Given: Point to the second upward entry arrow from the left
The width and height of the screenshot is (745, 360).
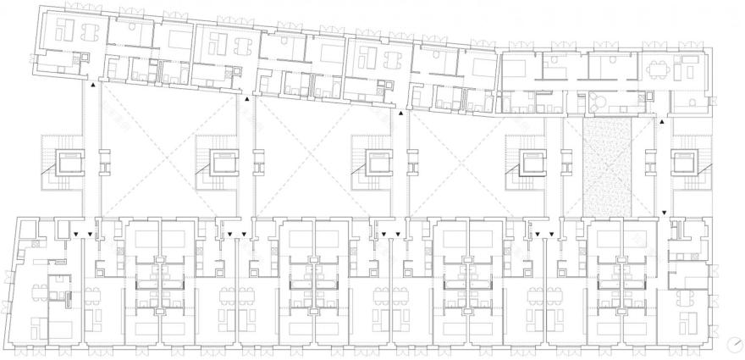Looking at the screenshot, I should [247, 99].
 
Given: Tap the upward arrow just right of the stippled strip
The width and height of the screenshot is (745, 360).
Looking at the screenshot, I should [662, 124].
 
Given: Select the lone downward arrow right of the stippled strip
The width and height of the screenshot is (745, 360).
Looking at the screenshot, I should [664, 213].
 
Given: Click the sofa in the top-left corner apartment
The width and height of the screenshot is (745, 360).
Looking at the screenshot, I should [63, 32].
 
